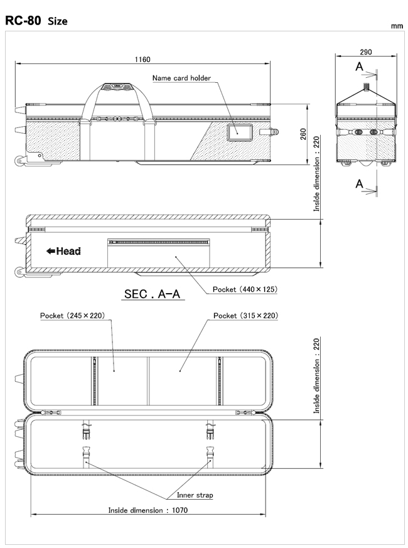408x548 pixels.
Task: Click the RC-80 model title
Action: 23,21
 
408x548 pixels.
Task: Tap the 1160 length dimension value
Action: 142,60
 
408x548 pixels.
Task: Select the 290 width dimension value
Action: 366,52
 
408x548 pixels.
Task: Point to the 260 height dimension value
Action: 303,134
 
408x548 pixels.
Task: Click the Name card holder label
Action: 181,78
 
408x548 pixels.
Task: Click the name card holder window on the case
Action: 240,132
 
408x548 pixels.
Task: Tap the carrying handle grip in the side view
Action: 117,87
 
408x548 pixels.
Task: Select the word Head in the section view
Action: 68,251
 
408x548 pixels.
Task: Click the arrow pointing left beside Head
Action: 51,251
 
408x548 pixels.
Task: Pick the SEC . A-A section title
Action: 152,294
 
